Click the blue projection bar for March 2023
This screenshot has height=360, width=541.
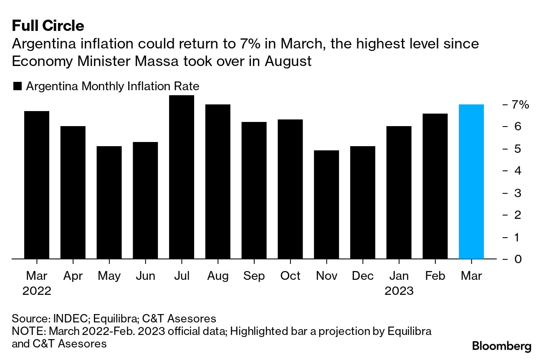click(x=471, y=182)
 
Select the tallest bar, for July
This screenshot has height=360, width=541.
click(x=182, y=177)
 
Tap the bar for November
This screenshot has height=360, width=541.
click(x=326, y=205)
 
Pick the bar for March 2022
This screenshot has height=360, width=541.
click(x=37, y=185)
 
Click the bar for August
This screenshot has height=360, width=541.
click(x=218, y=182)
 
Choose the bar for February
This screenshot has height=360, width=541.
click(x=435, y=186)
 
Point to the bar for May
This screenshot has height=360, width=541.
click(x=109, y=203)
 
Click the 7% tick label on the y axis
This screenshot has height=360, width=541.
click(x=521, y=104)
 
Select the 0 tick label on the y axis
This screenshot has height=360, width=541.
click(x=518, y=259)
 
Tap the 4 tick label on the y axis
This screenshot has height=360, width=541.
click(x=518, y=170)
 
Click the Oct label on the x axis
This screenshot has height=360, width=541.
click(x=290, y=276)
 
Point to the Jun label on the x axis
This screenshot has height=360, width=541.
click(x=145, y=276)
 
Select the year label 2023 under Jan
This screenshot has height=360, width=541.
click(x=399, y=291)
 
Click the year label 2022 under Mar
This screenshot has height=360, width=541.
click(x=37, y=291)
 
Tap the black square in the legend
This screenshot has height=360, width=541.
click(x=18, y=86)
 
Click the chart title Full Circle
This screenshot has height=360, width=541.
click(x=48, y=26)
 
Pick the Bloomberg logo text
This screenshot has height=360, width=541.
click(x=502, y=346)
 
